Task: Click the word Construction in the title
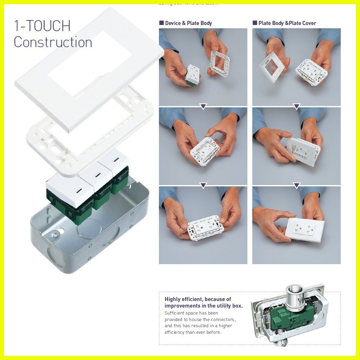click(53, 42)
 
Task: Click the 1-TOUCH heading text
click(42, 26)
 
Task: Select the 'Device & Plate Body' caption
click(188, 23)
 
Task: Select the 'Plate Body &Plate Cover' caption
click(287, 23)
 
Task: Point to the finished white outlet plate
click(306, 229)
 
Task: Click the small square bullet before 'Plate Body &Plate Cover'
click(255, 23)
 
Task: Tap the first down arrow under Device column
click(203, 106)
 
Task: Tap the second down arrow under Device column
click(203, 186)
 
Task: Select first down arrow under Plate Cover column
click(297, 106)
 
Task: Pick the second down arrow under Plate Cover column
click(297, 186)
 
